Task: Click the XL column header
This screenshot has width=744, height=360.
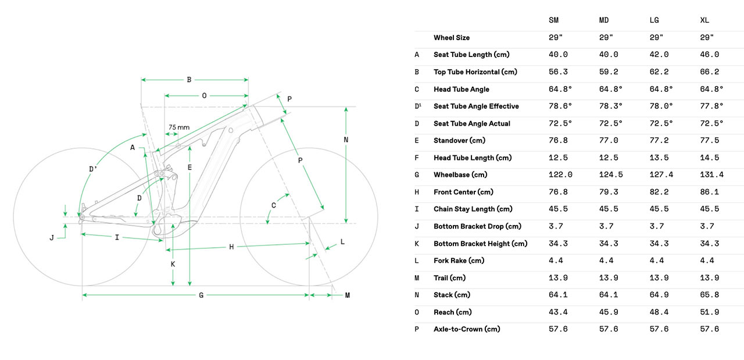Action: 705,20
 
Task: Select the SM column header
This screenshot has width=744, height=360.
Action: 554,20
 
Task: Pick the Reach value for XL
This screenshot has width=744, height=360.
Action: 710,312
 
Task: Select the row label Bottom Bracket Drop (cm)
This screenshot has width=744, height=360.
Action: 477,226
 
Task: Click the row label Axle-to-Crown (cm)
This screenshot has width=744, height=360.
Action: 467,329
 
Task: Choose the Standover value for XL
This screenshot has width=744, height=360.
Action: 710,141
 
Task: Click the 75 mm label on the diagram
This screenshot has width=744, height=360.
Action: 179,127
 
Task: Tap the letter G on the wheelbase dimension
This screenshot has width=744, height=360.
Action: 201,295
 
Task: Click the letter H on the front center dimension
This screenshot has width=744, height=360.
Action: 231,247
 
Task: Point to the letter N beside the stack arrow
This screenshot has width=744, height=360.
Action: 345,140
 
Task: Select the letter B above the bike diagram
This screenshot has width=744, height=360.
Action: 189,80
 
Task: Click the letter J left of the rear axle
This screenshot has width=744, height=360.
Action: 52,237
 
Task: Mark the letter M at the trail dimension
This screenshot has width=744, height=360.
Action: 347,295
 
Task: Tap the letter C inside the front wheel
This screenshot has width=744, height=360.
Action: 274,205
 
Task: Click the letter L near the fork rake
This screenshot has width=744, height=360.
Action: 342,241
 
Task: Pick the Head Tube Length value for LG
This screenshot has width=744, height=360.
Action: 659,158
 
